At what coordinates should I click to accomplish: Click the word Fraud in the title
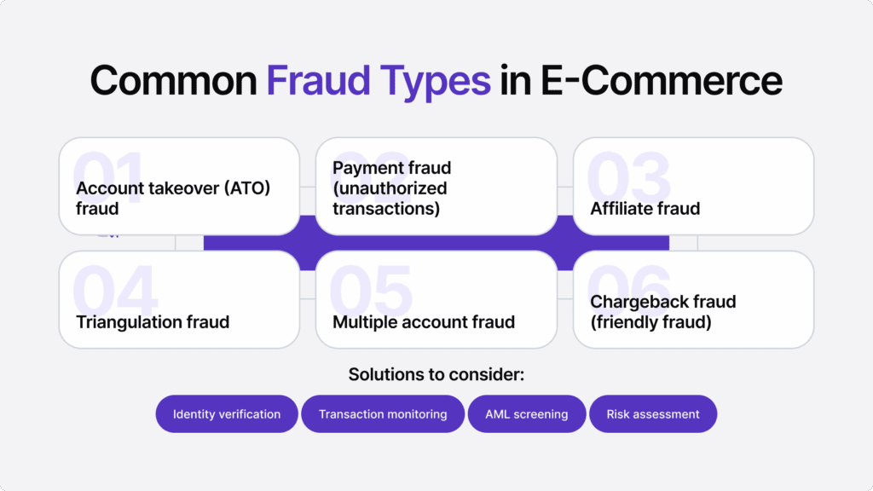(315, 80)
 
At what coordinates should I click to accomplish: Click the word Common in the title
(174, 80)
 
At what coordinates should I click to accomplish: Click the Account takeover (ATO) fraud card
(179, 186)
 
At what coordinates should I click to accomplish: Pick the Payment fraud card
(436, 186)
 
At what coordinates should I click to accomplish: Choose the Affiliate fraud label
(645, 208)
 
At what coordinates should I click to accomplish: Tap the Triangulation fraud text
(153, 322)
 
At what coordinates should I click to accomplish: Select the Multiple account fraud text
(424, 322)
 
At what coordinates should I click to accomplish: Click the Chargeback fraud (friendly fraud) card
(693, 299)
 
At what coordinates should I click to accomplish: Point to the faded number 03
(629, 177)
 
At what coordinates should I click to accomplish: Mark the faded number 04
(115, 290)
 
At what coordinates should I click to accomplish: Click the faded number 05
(370, 290)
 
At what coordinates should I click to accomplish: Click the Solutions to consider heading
(436, 374)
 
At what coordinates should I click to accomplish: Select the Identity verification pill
(227, 414)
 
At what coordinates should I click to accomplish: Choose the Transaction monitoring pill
(383, 414)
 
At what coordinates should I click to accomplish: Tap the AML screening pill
(526, 414)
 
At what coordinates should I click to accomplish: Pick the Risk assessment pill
(653, 414)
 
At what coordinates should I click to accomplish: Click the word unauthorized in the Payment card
(390, 188)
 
